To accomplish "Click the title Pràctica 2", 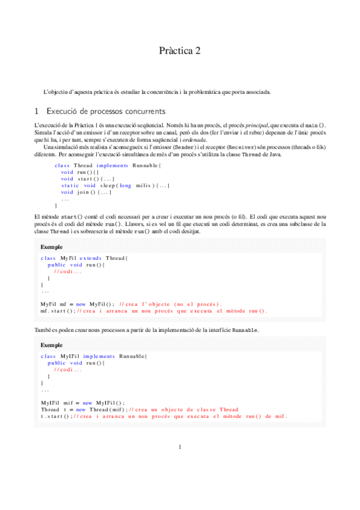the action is tap(180, 51).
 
